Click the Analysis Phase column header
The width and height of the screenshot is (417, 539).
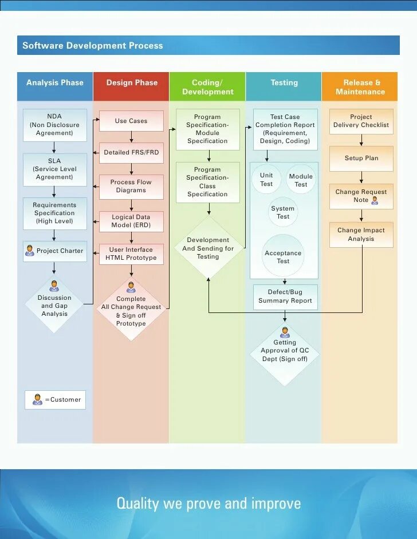55,83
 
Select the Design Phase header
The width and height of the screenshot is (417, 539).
131,83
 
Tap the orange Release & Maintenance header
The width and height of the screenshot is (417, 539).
360,87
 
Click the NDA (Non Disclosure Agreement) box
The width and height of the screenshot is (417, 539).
55,125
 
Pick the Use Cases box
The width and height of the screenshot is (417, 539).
131,121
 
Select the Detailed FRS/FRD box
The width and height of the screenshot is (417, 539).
131,153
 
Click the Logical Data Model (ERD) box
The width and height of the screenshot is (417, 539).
131,221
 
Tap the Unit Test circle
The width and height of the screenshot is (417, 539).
266,179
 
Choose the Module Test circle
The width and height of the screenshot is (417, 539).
301,180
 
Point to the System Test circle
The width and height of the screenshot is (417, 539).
283,212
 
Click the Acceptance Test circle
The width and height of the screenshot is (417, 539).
283,256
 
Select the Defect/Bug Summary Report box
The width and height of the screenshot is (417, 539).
285,296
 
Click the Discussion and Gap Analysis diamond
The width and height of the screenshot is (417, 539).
54,305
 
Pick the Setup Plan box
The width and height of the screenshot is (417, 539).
361,158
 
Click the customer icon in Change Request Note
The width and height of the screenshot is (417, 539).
375,200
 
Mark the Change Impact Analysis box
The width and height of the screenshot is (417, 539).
361,235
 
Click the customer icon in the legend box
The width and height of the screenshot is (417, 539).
38,399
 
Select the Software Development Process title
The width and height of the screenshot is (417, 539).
93,46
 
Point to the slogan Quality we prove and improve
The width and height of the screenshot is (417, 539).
208,504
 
